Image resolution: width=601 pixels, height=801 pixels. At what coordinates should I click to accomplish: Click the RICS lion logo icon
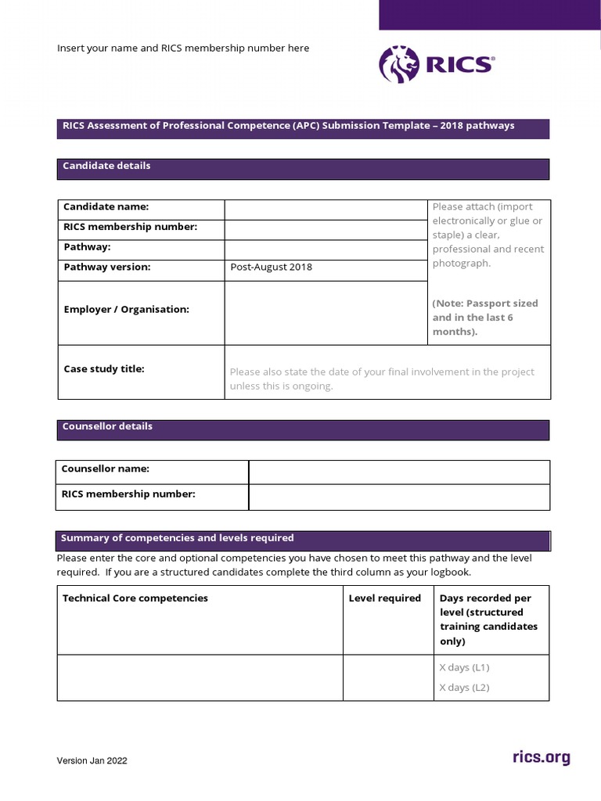point(398,64)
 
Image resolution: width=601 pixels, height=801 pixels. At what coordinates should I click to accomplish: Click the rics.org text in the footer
point(541,757)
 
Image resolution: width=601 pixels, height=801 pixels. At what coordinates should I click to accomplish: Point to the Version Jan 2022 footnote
point(92,760)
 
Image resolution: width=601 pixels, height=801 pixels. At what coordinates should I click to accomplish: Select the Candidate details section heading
point(106,166)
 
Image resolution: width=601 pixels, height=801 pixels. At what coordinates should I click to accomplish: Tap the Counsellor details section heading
point(107,426)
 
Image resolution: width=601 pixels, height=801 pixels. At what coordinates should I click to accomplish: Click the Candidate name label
point(106,207)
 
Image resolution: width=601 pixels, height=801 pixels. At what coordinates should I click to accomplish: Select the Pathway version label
point(106,267)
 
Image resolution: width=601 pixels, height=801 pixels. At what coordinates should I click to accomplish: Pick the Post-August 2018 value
point(271,267)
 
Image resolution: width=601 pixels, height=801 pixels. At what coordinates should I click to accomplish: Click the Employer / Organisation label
point(126,309)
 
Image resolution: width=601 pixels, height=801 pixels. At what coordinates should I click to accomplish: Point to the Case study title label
point(103,368)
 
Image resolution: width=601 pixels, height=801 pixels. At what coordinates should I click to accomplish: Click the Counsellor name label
point(106,469)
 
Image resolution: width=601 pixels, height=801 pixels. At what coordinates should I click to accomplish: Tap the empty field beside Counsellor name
point(399,472)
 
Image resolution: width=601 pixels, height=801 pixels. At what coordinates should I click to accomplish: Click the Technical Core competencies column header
point(135,598)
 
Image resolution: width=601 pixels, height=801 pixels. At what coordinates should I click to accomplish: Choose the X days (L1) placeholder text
point(464,667)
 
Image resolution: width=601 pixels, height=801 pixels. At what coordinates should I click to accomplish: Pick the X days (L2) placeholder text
point(464,688)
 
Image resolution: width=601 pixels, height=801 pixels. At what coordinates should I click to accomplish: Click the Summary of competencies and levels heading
point(178,537)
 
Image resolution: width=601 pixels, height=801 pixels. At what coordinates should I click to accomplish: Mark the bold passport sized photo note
point(484,317)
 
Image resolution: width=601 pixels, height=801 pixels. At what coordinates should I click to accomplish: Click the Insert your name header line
point(183,48)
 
